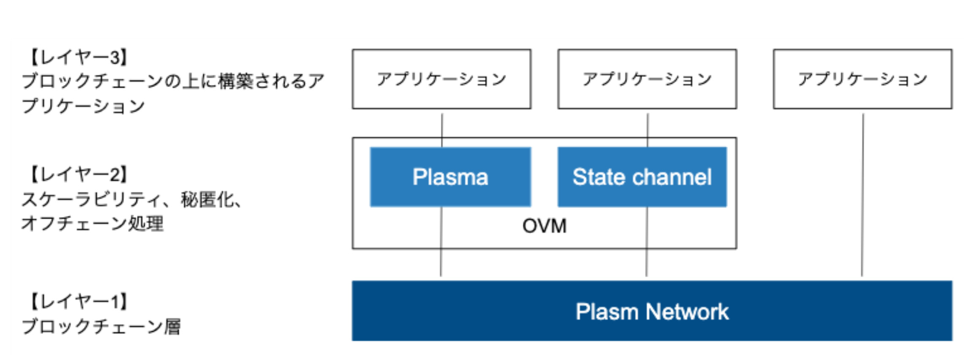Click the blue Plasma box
point(450,177)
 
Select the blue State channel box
point(642,177)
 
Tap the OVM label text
point(544,226)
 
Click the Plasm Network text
point(652,312)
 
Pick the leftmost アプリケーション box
point(441,79)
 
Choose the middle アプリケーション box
point(647,79)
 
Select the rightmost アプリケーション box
point(862,79)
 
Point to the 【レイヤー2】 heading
point(79,174)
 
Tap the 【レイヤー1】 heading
point(79,301)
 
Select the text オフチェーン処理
point(92,224)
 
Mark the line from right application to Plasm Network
point(862,194)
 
